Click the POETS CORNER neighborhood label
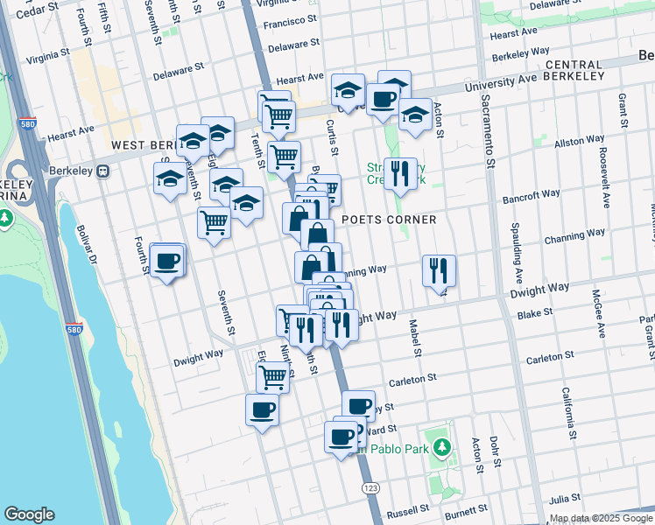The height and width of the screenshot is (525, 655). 388,219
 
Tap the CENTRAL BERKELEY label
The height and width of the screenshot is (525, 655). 574,71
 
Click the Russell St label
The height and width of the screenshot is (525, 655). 408,508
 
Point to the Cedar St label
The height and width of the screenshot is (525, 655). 35,10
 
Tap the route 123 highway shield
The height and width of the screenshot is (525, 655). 370,484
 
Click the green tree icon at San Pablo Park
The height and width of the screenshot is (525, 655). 442,448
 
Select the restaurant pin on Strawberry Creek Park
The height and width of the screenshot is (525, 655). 400,171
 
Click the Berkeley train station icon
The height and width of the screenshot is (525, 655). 103,172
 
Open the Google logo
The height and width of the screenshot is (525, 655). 29,514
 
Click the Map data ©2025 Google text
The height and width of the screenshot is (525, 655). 602,518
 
